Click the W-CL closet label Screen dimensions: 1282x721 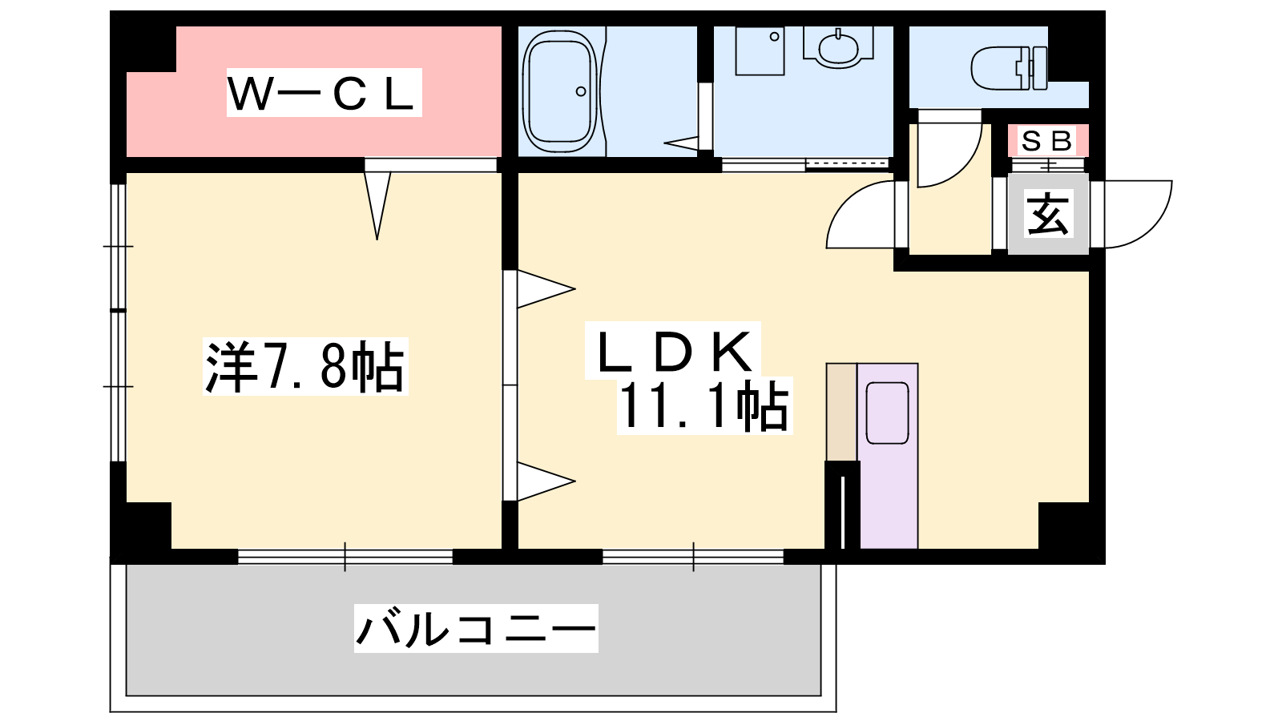point(324,92)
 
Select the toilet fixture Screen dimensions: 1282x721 point(1009,68)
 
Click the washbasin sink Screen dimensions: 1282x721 point(838,46)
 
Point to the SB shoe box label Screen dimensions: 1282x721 point(1046,141)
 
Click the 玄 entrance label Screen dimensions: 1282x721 point(1048,215)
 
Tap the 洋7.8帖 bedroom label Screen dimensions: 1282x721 point(305,366)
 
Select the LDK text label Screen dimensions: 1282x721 point(673,350)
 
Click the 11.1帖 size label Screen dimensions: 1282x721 point(704,405)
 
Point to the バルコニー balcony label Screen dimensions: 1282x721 point(476,628)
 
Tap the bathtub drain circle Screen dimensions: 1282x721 point(581,91)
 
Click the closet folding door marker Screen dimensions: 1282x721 point(377,205)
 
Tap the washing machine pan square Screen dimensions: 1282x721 point(760,50)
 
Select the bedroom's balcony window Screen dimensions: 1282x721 point(345,556)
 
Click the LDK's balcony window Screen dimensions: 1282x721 point(693,556)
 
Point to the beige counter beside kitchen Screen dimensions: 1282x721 point(841,412)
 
